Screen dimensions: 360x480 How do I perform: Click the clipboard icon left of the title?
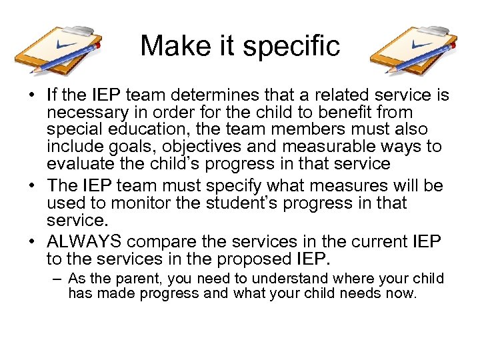(62, 51)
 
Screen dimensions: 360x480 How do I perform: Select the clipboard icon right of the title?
(414, 51)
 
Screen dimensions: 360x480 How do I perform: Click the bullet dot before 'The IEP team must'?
(32, 186)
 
